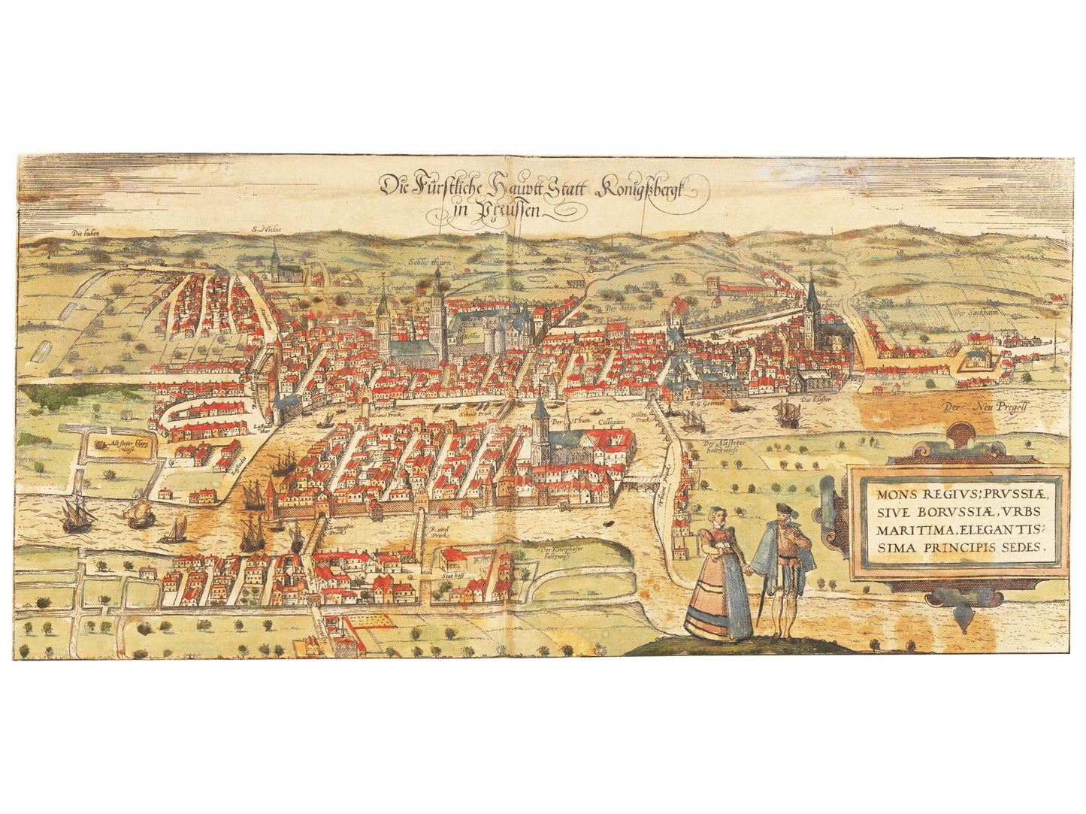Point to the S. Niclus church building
(x=276, y=265)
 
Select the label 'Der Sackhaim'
(x=970, y=312)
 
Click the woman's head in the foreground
(x=715, y=516)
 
